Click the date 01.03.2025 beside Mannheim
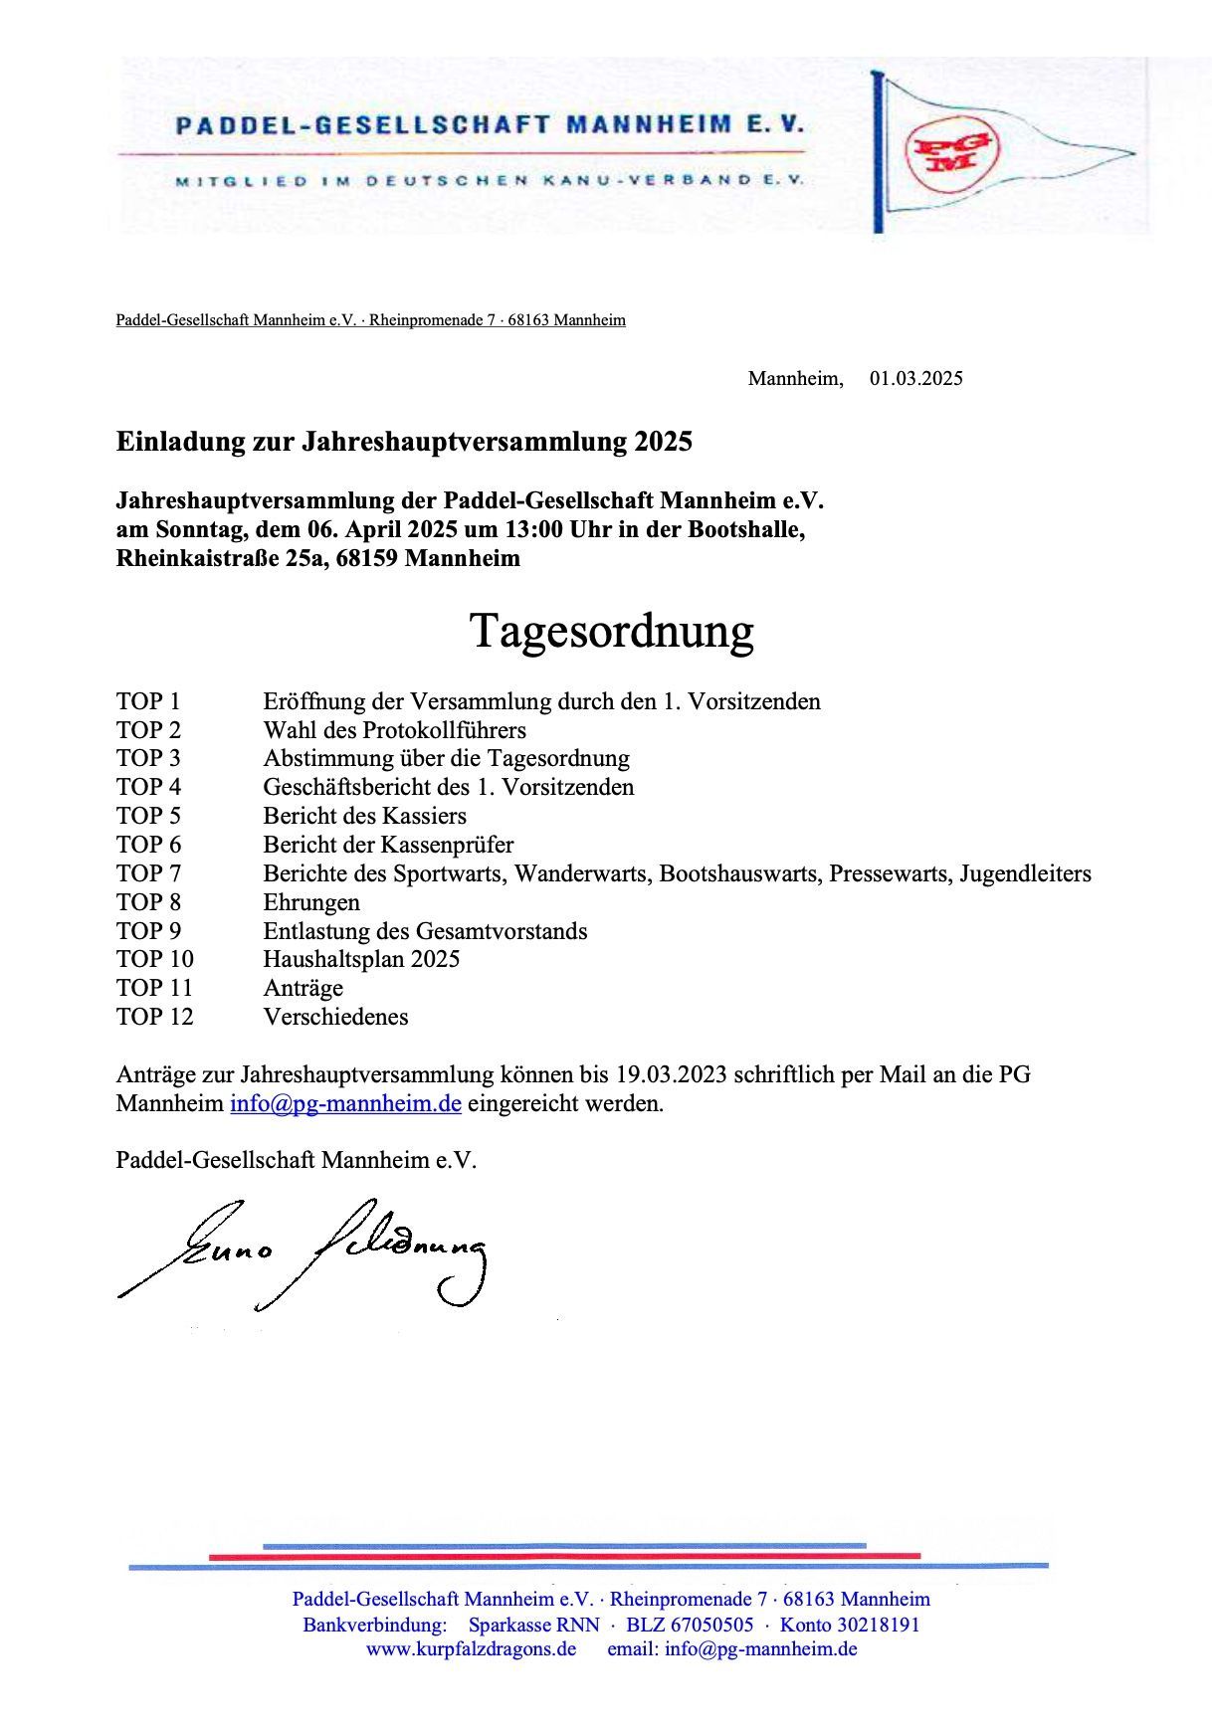pos(915,379)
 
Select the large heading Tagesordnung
pos(612,631)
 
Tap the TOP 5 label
pos(148,816)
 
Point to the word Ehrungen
pos(311,902)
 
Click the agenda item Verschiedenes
pos(335,1017)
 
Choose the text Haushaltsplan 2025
pos(361,959)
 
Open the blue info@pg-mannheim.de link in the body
pos(345,1103)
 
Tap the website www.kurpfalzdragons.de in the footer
pos(471,1648)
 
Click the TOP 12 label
pos(154,1017)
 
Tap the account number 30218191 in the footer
pos(878,1625)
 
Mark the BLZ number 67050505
pos(710,1625)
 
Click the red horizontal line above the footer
pos(563,1555)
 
